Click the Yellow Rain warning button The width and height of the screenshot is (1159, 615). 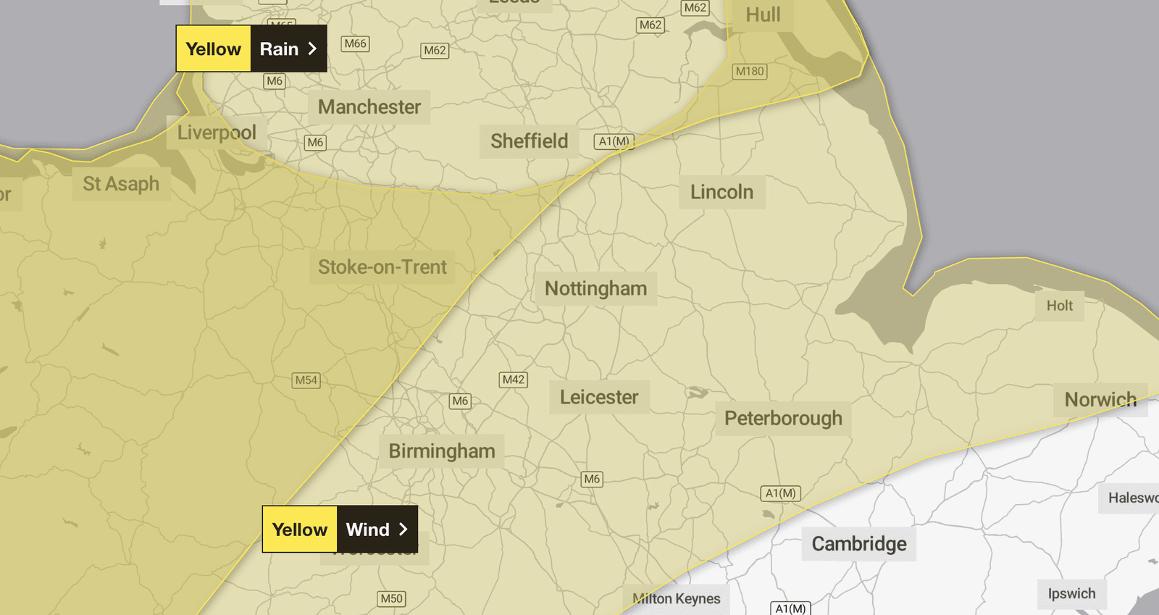[x=251, y=49]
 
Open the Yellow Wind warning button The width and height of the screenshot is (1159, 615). [x=340, y=530]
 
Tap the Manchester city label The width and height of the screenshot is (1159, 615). [x=369, y=107]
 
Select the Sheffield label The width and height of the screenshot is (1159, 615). [x=530, y=141]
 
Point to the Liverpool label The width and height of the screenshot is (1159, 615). [x=217, y=133]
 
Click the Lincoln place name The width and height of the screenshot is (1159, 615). [x=721, y=192]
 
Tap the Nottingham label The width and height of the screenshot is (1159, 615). [x=595, y=288]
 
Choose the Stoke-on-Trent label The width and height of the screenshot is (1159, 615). [x=382, y=267]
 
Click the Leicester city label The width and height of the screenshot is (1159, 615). [x=599, y=397]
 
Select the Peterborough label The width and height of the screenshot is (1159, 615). [x=783, y=419]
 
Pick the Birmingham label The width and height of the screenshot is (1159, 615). [x=442, y=451]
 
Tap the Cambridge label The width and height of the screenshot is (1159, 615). [x=859, y=544]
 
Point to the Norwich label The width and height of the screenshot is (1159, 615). [x=1100, y=399]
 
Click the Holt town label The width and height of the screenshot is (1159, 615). [x=1059, y=306]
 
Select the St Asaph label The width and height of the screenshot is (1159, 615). [x=121, y=184]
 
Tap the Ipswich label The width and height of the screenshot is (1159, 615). [x=1071, y=594]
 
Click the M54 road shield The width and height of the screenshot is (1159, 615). [x=306, y=380]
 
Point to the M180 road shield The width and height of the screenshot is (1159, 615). [x=750, y=71]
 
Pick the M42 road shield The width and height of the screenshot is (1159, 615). [x=514, y=380]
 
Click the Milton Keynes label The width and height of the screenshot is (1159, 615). [x=677, y=599]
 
